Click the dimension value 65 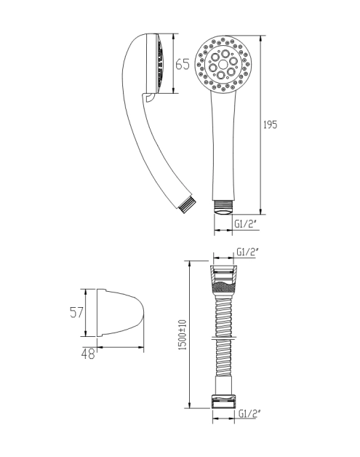click(183, 64)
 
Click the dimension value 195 click(271, 124)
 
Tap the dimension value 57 click(76, 312)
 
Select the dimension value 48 click(88, 354)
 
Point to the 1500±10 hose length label click(183, 335)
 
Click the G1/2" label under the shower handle click(246, 224)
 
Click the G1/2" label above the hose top click(247, 252)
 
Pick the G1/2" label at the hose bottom click(249, 413)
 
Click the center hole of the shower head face click(223, 65)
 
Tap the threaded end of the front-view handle click(223, 207)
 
